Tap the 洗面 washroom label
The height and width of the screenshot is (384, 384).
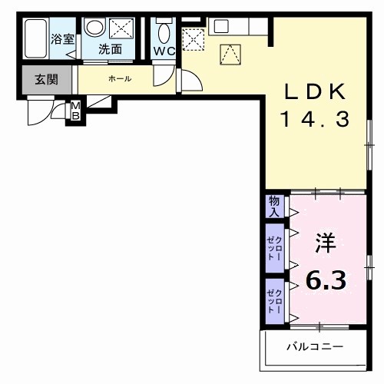coord(110,50)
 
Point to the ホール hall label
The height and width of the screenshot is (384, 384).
coord(119,78)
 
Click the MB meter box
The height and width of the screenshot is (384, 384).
coord(75,111)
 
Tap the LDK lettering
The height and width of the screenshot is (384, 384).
coord(316,92)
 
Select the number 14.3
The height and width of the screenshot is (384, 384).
coord(316,119)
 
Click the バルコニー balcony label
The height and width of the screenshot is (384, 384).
coord(315,346)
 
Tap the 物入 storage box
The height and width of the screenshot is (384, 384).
coord(274,207)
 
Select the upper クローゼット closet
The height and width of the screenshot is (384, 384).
coord(274,247)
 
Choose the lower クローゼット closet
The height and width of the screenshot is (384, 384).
coord(274,300)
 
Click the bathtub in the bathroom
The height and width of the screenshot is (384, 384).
coord(34,38)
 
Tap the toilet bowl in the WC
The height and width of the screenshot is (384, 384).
coord(164,31)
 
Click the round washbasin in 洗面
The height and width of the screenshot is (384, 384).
coord(94,28)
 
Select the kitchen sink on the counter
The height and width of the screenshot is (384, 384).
coord(220,25)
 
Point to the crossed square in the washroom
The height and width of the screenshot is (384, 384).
coord(122,28)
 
